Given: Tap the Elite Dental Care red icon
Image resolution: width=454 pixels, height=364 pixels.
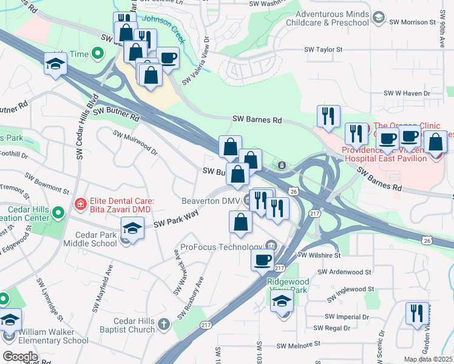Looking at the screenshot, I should (x=79, y=206).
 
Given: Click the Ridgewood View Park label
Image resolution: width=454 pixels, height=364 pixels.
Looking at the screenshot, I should (x=289, y=286).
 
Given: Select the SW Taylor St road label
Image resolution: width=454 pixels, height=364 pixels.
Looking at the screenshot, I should (x=322, y=50).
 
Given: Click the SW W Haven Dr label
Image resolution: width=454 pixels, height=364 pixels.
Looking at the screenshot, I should (x=406, y=93).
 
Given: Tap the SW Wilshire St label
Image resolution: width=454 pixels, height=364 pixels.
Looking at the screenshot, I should (x=319, y=255).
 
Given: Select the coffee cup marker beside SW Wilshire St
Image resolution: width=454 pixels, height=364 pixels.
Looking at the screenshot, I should (x=263, y=259).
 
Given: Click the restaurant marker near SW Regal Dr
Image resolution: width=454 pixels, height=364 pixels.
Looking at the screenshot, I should (x=417, y=313).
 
